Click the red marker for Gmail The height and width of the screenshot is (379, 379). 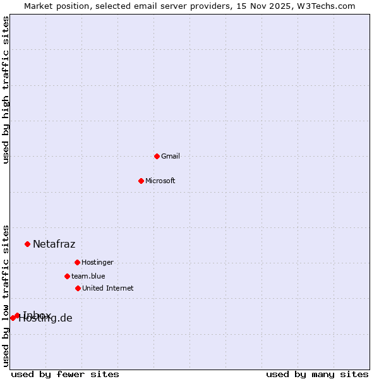point(157,156)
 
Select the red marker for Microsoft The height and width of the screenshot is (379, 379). point(141,181)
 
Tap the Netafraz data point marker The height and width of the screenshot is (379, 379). point(27,244)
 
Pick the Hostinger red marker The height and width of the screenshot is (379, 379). point(77,262)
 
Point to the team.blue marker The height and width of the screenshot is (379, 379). point(67,276)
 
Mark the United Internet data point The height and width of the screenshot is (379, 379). point(78,288)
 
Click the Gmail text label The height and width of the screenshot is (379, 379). point(171,157)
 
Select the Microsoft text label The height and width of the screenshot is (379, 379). point(160,181)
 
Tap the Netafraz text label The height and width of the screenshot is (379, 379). point(54,244)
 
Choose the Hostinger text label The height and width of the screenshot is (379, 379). point(97,263)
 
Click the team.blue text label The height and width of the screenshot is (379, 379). point(88,277)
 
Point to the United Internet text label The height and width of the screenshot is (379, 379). point(108,289)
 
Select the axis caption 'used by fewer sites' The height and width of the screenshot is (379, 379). point(65,374)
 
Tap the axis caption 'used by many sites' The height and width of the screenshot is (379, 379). point(317,374)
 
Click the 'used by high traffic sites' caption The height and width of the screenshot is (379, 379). point(6,90)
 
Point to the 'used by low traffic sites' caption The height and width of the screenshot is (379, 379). point(6,295)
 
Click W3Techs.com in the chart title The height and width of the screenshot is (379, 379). point(327,6)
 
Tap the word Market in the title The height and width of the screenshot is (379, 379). point(39,6)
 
